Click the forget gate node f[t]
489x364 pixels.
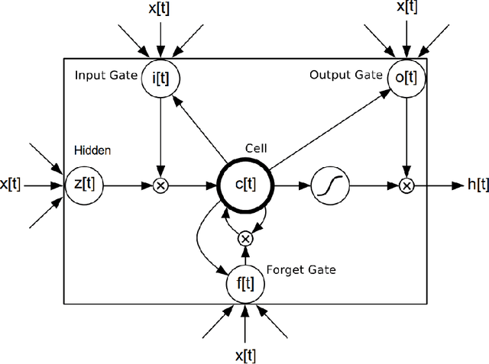coord(244,285)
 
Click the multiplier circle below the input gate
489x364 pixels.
coord(160,185)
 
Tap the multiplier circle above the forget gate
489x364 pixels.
coord(244,238)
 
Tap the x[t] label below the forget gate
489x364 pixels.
coord(244,356)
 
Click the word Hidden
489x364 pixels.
coord(92,151)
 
